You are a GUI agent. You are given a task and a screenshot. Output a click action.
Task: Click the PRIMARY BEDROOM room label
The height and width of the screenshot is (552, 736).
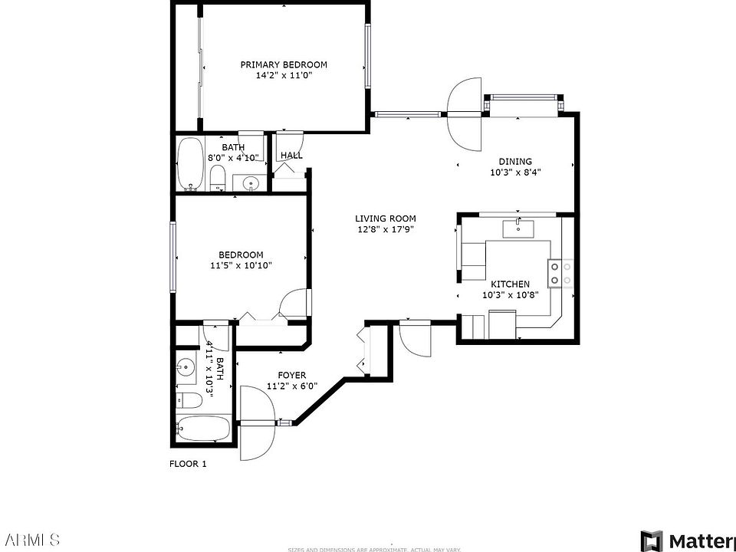click(284, 64)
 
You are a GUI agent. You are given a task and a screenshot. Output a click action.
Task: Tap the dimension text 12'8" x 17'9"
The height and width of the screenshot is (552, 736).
click(385, 229)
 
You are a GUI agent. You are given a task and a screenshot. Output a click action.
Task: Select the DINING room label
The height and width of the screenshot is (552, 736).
click(515, 161)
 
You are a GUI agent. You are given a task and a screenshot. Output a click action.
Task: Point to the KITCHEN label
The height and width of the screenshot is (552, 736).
click(510, 284)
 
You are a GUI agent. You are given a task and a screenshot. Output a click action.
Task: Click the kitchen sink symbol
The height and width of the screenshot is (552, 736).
click(519, 228)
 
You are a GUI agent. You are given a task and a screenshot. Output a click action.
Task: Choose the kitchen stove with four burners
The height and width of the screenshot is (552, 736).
click(560, 273)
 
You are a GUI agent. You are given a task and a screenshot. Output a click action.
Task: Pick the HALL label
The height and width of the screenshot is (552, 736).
click(291, 156)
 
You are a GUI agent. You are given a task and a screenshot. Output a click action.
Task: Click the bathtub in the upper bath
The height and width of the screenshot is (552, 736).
click(189, 164)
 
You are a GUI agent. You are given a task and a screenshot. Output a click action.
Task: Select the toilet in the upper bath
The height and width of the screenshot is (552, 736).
click(217, 180)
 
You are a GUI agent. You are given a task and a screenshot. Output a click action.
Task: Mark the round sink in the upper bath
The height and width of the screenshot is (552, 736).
click(250, 183)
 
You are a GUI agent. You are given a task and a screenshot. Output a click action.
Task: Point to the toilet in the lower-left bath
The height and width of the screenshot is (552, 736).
click(189, 400)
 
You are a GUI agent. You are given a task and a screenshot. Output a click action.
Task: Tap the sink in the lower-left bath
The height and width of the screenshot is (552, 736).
click(186, 369)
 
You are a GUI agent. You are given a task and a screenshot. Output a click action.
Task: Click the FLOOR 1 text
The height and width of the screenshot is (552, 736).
click(187, 464)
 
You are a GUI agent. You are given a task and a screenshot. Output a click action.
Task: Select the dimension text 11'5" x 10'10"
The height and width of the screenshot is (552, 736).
click(241, 266)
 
